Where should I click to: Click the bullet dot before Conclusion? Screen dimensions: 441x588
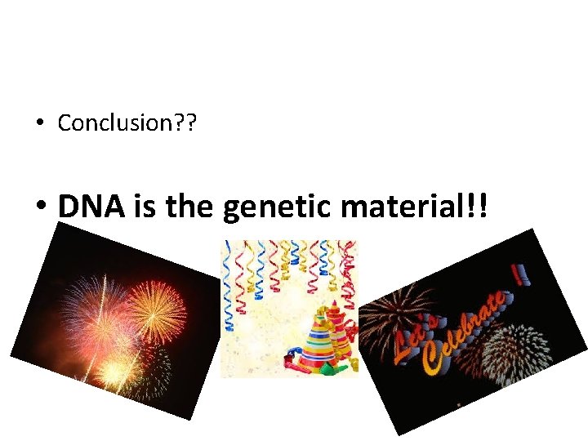tap(39, 124)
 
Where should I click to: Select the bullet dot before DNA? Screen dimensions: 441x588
tap(40, 207)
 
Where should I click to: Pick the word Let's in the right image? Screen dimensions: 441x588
tap(413, 343)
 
